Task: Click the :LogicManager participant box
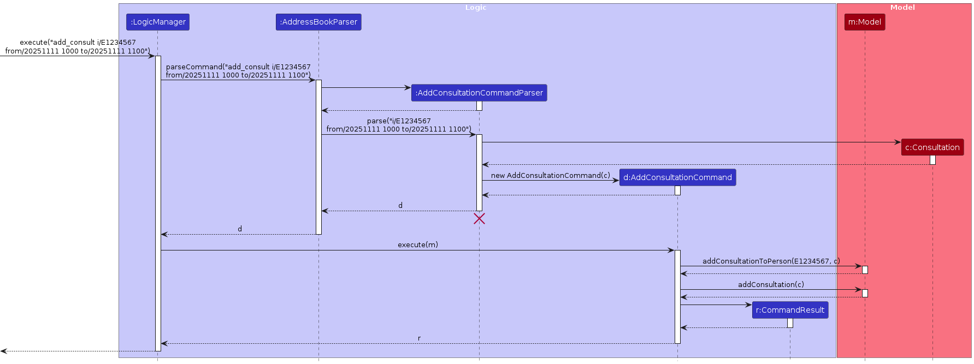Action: coord(158,22)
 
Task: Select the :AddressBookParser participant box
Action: coord(318,22)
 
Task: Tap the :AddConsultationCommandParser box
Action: coord(479,93)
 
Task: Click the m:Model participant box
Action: coord(864,22)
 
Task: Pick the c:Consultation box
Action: coord(932,147)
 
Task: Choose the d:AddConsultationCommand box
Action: coord(677,177)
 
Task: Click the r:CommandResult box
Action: coord(790,310)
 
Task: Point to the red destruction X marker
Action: coord(479,219)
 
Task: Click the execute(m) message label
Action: coord(417,245)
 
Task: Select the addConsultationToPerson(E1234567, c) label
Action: coord(771,261)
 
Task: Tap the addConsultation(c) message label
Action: coord(771,285)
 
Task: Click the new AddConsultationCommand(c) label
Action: coord(550,176)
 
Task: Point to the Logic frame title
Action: coord(475,8)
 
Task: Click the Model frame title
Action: coord(902,8)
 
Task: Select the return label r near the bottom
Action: coord(419,338)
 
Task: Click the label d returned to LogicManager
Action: coord(240,229)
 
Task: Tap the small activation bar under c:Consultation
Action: coord(932,160)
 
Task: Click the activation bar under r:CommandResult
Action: coord(790,323)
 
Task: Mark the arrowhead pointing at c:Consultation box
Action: coord(898,142)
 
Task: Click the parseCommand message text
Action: coord(238,71)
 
